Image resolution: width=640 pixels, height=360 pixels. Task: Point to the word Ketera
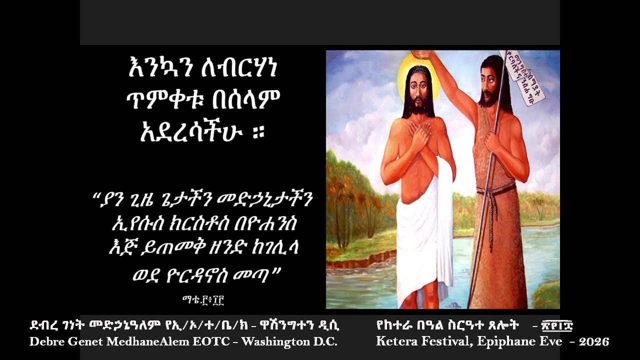coord(395,342)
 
